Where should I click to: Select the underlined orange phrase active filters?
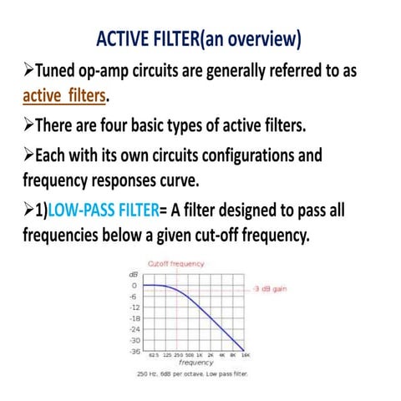pyautogui.click(x=64, y=97)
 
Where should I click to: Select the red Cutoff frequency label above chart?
pyautogui.click(x=175, y=264)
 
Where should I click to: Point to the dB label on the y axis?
pyautogui.click(x=133, y=275)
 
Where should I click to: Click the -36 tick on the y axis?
pyautogui.click(x=133, y=352)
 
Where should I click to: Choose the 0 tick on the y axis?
pyautogui.click(x=135, y=285)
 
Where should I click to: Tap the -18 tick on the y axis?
pyautogui.click(x=133, y=318)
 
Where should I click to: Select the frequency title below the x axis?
pyautogui.click(x=195, y=363)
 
